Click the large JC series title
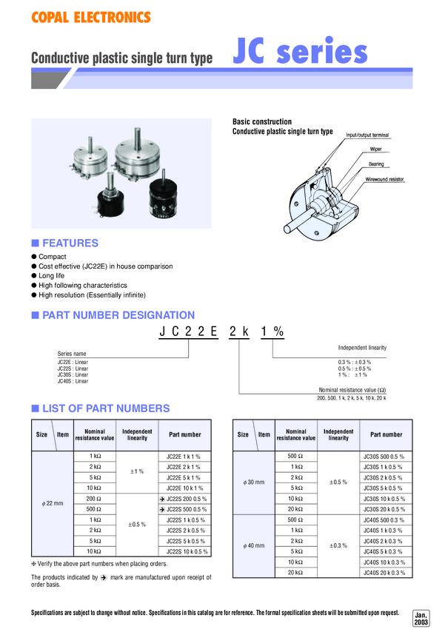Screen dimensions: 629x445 tap(301, 53)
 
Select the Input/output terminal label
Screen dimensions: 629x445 tap(367, 135)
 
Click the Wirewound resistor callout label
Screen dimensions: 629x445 tap(384, 179)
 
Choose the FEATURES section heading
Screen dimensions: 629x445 tap(70, 243)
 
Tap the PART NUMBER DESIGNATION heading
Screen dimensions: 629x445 tap(118, 314)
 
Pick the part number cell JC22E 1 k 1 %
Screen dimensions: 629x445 tap(184, 456)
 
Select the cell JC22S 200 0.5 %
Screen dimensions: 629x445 tap(187, 499)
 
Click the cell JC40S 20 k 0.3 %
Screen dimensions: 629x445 tap(382, 573)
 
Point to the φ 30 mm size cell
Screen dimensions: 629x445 tap(254, 482)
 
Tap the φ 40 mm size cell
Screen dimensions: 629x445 tap(254, 546)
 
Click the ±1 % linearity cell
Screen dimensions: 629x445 tap(137, 471)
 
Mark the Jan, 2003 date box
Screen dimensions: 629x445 tap(421, 619)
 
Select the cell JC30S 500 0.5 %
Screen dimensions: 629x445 tap(382, 456)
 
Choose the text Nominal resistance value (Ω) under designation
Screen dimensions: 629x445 tap(352, 390)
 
